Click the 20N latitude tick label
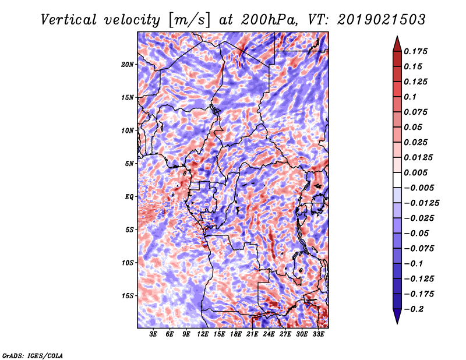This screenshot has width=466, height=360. coord(128,65)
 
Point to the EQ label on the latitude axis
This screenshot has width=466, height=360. coord(129,197)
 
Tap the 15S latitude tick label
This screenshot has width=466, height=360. coord(128,296)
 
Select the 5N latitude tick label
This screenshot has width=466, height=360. coord(129,164)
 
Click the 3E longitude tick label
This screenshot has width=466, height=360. coord(153,334)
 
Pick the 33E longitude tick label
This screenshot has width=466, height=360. coord(318,334)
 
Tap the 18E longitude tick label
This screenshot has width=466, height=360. coord(236,334)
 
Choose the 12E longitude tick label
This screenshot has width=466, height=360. coord(203,334)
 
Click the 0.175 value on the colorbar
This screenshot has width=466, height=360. coord(415,51)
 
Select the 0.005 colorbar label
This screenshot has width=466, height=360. coord(415,172)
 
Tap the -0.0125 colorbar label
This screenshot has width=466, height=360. coord(421,203)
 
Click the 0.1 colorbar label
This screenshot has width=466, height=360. coord(410,97)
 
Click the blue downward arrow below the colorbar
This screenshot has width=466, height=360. coord(397,316)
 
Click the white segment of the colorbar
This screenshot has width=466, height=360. coord(397,180)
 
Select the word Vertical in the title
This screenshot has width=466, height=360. coord(69,20)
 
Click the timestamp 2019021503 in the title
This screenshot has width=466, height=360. coord(382,20)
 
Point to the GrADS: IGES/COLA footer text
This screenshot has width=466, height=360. coord(33,356)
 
